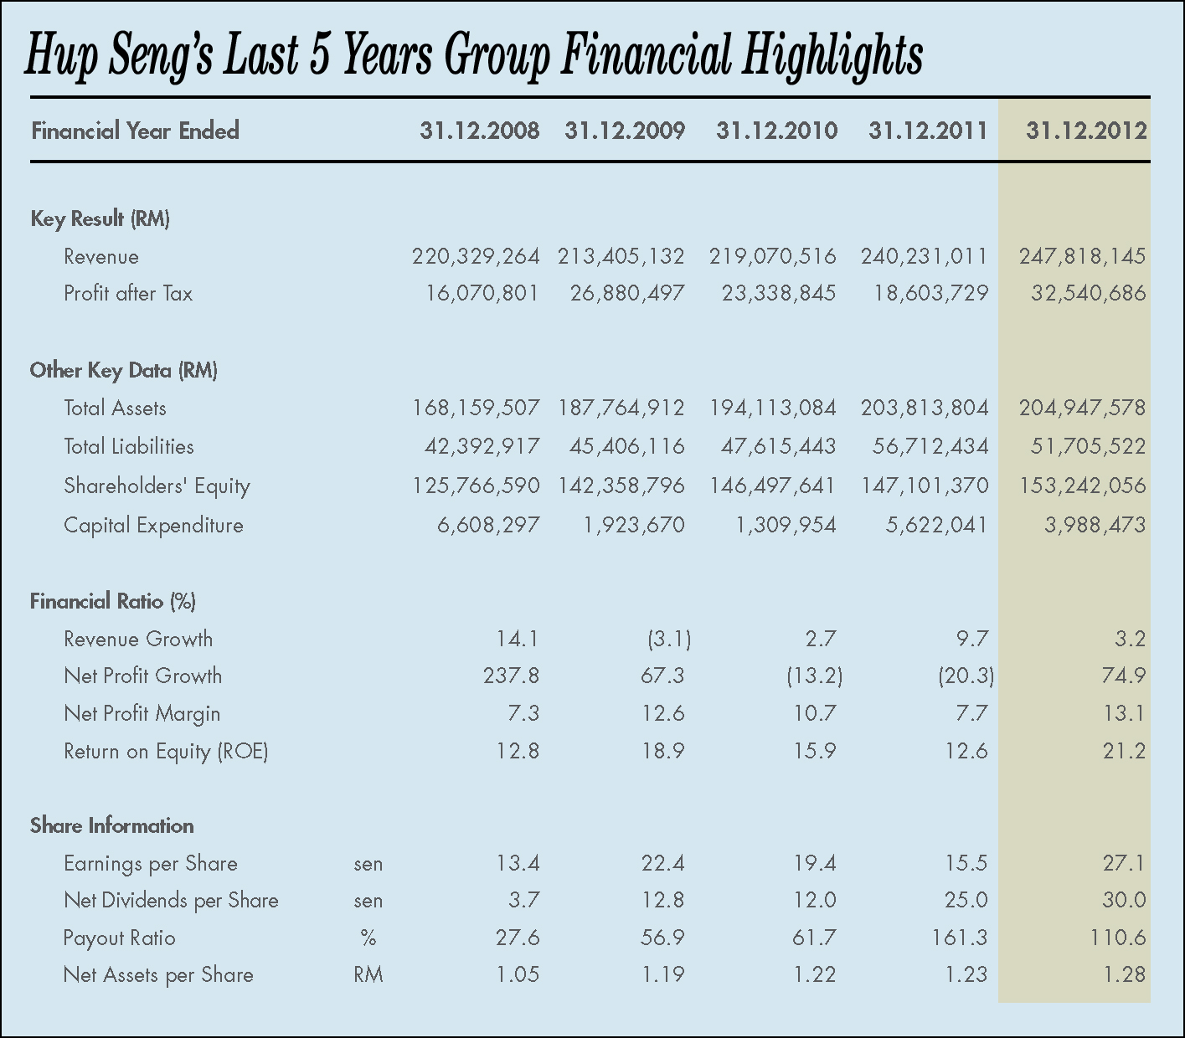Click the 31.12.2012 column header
coord(1085,131)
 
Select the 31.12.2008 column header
coord(480,131)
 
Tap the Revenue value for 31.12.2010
coord(772,256)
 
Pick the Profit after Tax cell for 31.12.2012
coord(1088,293)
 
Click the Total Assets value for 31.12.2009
coord(621,408)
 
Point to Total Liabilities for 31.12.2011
coord(930,446)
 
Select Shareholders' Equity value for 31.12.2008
coord(476,486)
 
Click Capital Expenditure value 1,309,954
coord(786,525)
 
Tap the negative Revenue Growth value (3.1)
coord(668,640)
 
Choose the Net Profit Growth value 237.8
coord(511,676)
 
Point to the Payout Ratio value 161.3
coord(960,938)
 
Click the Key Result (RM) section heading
coord(100,219)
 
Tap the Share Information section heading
coord(111,825)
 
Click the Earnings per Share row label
coord(150,863)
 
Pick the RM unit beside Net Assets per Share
coord(368,974)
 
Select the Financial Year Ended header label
coord(135,131)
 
